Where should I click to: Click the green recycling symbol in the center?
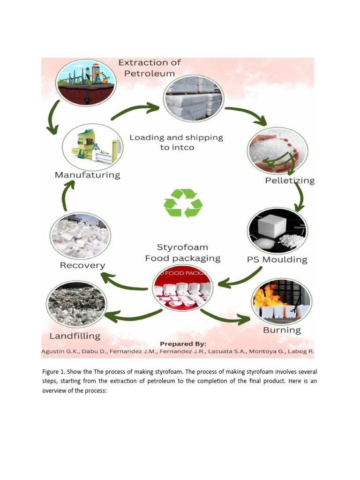(x=183, y=203)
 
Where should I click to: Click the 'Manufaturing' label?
(x=88, y=175)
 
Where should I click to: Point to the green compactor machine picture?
(x=92, y=146)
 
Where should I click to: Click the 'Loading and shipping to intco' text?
(x=176, y=142)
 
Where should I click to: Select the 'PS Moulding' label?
(x=277, y=260)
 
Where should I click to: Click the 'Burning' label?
(x=282, y=330)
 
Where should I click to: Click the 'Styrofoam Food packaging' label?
(x=182, y=253)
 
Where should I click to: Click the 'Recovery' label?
(x=82, y=265)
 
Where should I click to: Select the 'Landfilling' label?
(x=75, y=336)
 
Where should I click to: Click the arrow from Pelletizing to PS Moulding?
(x=299, y=196)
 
